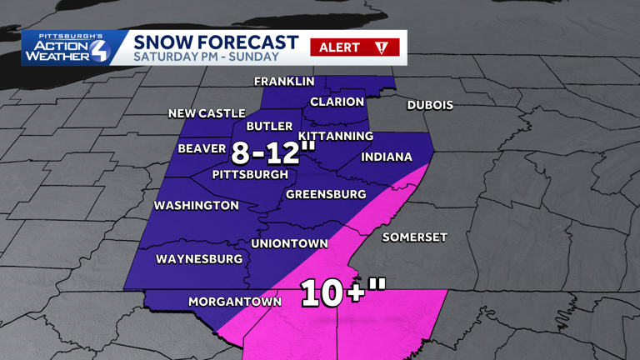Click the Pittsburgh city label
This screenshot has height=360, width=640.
(250, 175)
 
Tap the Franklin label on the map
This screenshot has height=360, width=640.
(284, 82)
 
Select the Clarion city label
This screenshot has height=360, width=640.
(337, 102)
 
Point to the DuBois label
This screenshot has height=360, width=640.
(430, 105)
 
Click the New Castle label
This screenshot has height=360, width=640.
(207, 113)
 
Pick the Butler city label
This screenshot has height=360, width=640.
(269, 127)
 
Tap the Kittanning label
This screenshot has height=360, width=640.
(335, 136)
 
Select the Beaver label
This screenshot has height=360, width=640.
(202, 149)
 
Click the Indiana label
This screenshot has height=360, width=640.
(387, 157)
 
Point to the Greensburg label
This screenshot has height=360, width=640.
(326, 194)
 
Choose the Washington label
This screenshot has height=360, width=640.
(197, 205)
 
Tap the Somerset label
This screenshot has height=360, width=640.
(414, 237)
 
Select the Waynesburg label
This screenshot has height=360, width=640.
(199, 259)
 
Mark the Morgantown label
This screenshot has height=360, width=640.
(235, 302)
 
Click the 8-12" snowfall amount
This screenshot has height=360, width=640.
(273, 152)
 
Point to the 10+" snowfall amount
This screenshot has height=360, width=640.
(343, 292)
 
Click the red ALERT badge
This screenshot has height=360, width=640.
(354, 47)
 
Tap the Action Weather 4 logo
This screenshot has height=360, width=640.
(65, 47)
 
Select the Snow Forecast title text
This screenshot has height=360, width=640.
(204, 42)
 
